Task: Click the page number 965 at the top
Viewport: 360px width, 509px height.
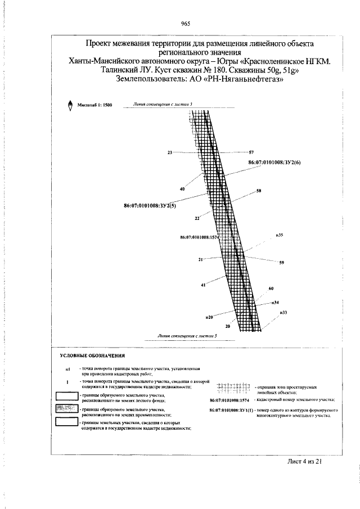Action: click(186, 23)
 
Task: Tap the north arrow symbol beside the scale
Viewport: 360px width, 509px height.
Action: click(70, 105)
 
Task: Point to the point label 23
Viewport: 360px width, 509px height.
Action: click(169, 152)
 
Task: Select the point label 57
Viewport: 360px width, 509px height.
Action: click(251, 152)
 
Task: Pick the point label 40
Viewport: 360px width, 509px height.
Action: click(182, 189)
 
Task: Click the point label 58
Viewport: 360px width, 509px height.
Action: click(259, 191)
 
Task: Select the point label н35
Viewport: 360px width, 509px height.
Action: click(279, 234)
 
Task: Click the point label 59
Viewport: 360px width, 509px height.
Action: click(282, 263)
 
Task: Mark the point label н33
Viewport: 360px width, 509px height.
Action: click(283, 312)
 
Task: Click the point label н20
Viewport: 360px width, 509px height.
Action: click(210, 318)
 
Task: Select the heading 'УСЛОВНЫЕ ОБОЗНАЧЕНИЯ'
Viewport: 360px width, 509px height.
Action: click(93, 357)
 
